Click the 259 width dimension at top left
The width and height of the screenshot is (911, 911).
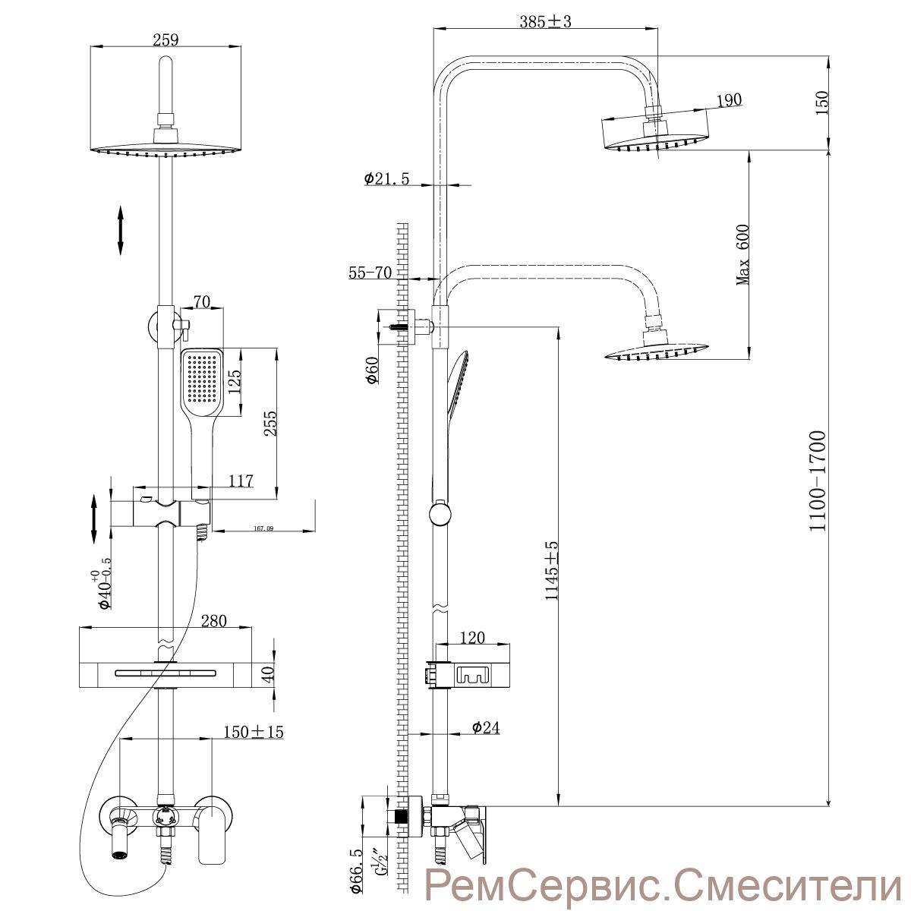coord(165,40)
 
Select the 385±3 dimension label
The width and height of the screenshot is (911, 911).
coord(545,22)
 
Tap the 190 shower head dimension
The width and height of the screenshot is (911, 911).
coord(728,100)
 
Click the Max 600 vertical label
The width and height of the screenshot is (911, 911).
coord(742,254)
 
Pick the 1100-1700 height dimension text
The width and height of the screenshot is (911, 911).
coord(817,481)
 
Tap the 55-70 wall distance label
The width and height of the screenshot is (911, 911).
coord(370,273)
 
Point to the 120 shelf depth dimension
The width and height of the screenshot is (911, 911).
coord(472,638)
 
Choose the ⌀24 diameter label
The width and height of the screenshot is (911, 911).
coord(484,728)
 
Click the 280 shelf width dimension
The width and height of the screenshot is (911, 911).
coord(213,621)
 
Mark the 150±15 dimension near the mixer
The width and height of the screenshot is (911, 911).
coord(254,732)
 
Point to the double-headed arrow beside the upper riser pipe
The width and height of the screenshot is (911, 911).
coord(120,229)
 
